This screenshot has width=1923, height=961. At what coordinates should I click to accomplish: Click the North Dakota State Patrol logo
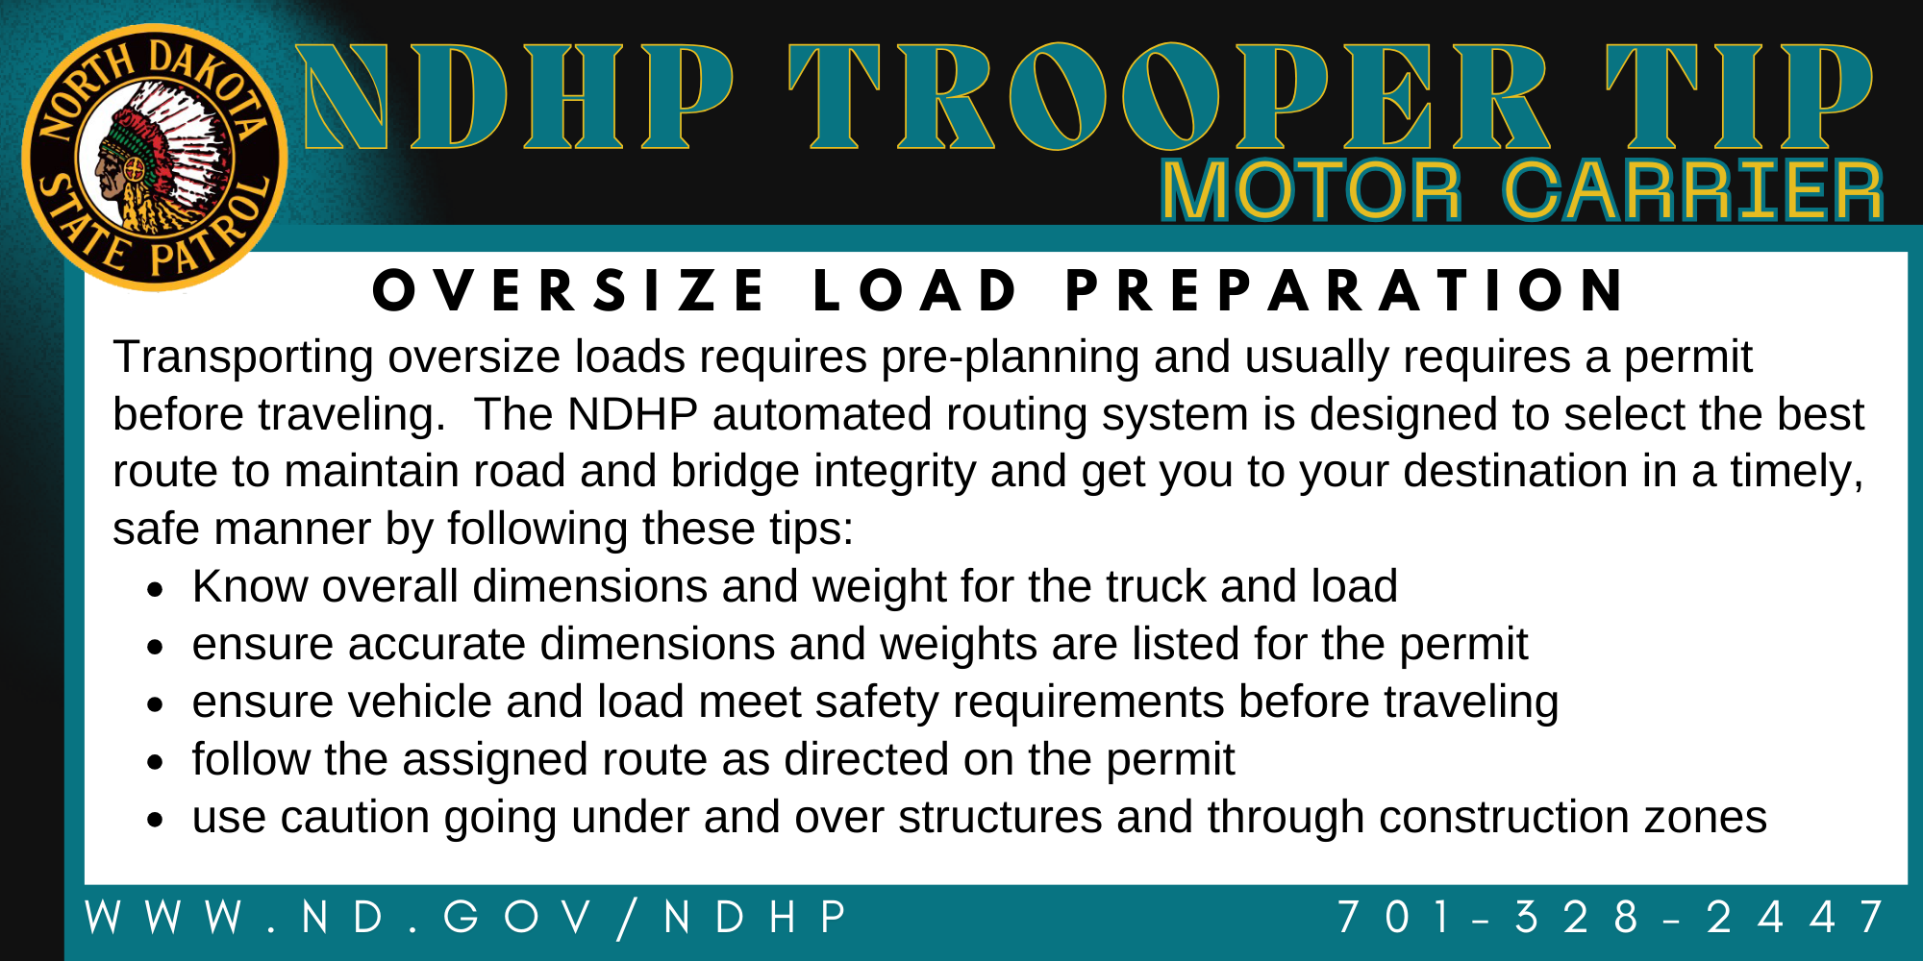(x=155, y=158)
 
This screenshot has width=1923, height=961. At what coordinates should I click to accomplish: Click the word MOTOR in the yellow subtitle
(x=1311, y=190)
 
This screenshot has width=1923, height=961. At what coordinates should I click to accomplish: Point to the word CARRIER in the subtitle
(x=1692, y=190)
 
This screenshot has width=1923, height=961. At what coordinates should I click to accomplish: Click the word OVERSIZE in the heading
(x=569, y=291)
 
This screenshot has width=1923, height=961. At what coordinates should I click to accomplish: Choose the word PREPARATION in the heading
(x=1345, y=291)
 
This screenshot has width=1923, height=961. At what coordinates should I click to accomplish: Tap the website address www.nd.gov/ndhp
(x=466, y=917)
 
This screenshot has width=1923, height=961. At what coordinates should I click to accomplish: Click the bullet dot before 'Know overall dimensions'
(x=156, y=590)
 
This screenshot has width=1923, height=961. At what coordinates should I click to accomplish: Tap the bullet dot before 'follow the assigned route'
(x=156, y=763)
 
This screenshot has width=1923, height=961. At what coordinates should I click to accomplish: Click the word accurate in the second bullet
(x=437, y=645)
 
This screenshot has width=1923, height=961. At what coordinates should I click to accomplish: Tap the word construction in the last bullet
(x=1504, y=818)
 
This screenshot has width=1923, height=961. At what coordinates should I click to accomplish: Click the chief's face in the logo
(x=112, y=175)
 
